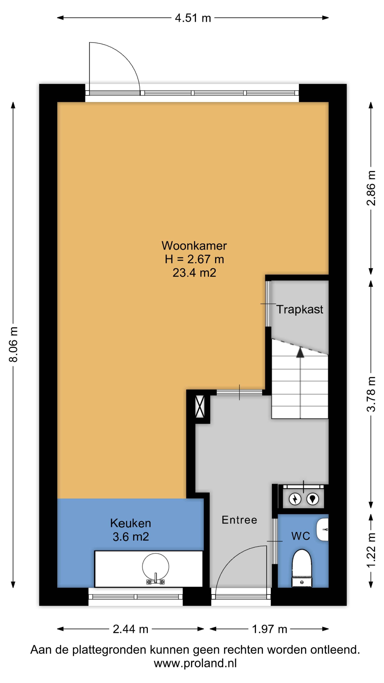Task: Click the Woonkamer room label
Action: tap(194, 246)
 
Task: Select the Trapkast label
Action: tap(300, 309)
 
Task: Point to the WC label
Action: tap(300, 536)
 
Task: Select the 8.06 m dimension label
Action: tap(14, 344)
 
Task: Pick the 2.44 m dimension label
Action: tap(130, 629)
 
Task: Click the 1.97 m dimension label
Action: tap(270, 629)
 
